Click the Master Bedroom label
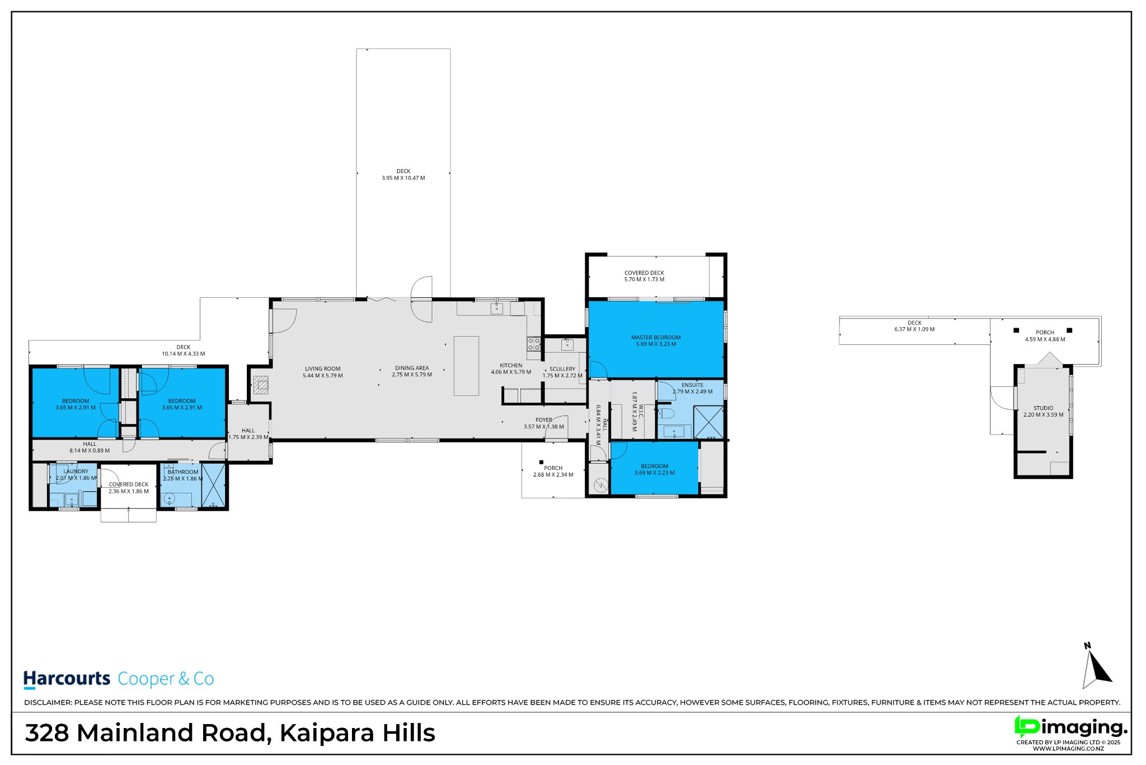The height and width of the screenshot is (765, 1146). pyautogui.click(x=656, y=338)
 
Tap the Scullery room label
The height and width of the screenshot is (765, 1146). pyautogui.click(x=562, y=369)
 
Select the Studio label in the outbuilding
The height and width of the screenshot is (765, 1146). pyautogui.click(x=1043, y=408)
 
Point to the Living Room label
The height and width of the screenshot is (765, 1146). pyautogui.click(x=323, y=369)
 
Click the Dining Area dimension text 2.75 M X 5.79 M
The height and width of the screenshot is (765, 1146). pyautogui.click(x=412, y=375)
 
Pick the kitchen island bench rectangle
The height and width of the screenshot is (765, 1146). pyautogui.click(x=466, y=366)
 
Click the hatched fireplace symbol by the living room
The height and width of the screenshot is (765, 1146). pyautogui.click(x=261, y=385)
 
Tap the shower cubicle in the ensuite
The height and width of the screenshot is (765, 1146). pyautogui.click(x=708, y=422)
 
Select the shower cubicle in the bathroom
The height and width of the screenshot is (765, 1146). pyautogui.click(x=213, y=486)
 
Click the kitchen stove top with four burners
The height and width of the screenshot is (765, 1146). pyautogui.click(x=534, y=343)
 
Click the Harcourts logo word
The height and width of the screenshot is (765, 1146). pyautogui.click(x=67, y=679)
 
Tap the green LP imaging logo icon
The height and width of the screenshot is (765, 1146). pyautogui.click(x=1027, y=726)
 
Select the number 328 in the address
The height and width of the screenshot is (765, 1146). pyautogui.click(x=48, y=733)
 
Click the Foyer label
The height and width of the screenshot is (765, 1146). pyautogui.click(x=544, y=420)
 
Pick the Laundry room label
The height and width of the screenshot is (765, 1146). pyautogui.click(x=76, y=472)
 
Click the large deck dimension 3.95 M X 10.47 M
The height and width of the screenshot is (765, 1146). pyautogui.click(x=403, y=178)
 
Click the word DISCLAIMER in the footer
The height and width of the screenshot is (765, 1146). pyautogui.click(x=48, y=702)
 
